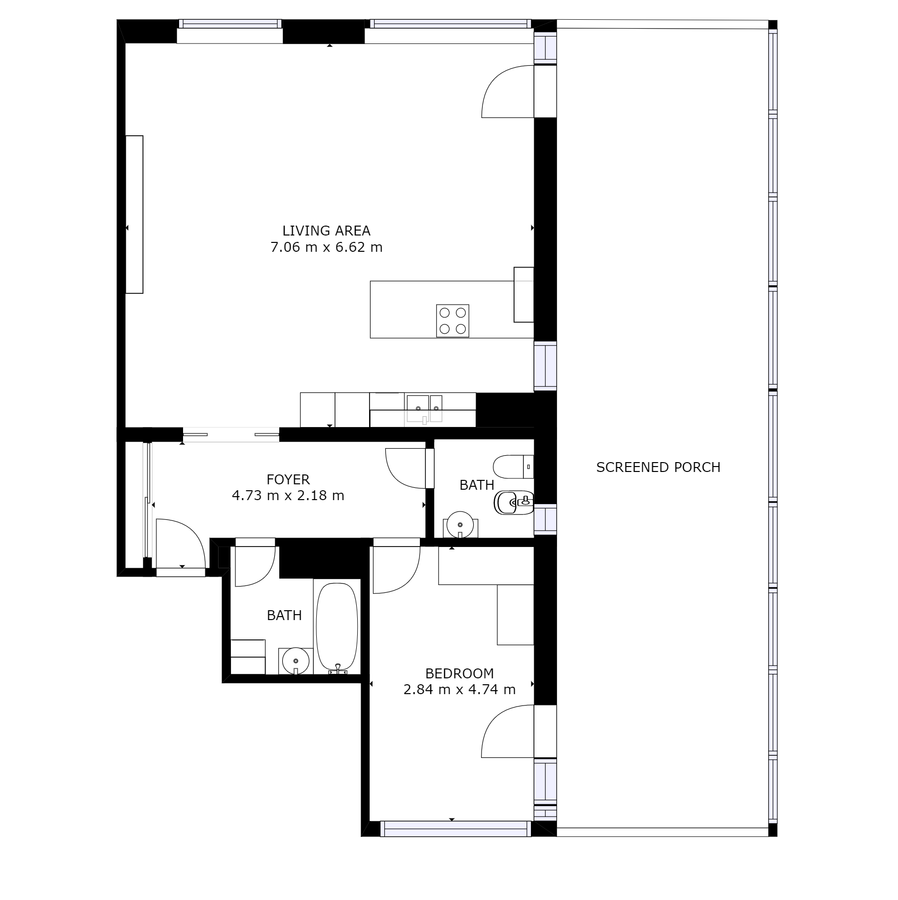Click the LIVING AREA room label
pos(326,231)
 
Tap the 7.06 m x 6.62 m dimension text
pos(326,247)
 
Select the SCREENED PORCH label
pos(658,467)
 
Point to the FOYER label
pos(288,479)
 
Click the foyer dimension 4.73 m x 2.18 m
pos(288,495)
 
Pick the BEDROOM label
pos(459,673)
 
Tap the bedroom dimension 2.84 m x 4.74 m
pos(459,689)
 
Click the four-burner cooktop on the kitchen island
pos(452,321)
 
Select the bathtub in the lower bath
pos(337,628)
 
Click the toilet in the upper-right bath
pos(513,467)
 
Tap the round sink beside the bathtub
pos(296,661)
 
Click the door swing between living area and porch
pos(508,91)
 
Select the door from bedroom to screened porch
pos(508,731)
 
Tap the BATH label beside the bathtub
pos(284,615)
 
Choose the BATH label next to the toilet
pos(477,485)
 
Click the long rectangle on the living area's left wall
pos(134,214)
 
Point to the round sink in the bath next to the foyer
pos(460,525)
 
